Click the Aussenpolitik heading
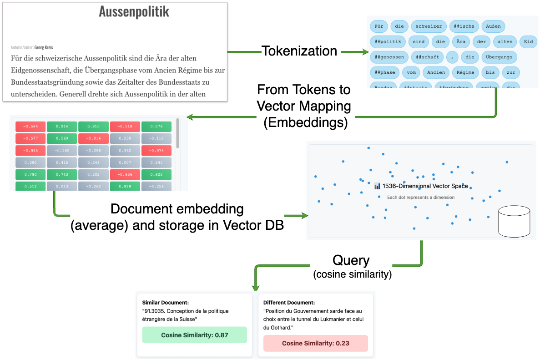[x=134, y=12]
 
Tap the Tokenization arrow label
[x=299, y=51]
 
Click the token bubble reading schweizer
[x=428, y=26]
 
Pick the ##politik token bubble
[x=387, y=42]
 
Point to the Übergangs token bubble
[x=499, y=57]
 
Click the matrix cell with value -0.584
[x=30, y=126]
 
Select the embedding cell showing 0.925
[x=156, y=174]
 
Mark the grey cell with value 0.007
[x=125, y=162]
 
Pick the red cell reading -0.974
[x=156, y=150]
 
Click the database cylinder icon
[x=514, y=222]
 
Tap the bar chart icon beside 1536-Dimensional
[x=377, y=186]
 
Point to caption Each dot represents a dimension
[x=420, y=197]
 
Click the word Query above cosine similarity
[x=351, y=260]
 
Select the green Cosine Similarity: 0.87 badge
[x=194, y=335]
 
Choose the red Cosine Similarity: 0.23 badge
[x=315, y=343]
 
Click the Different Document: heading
[x=289, y=302]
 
